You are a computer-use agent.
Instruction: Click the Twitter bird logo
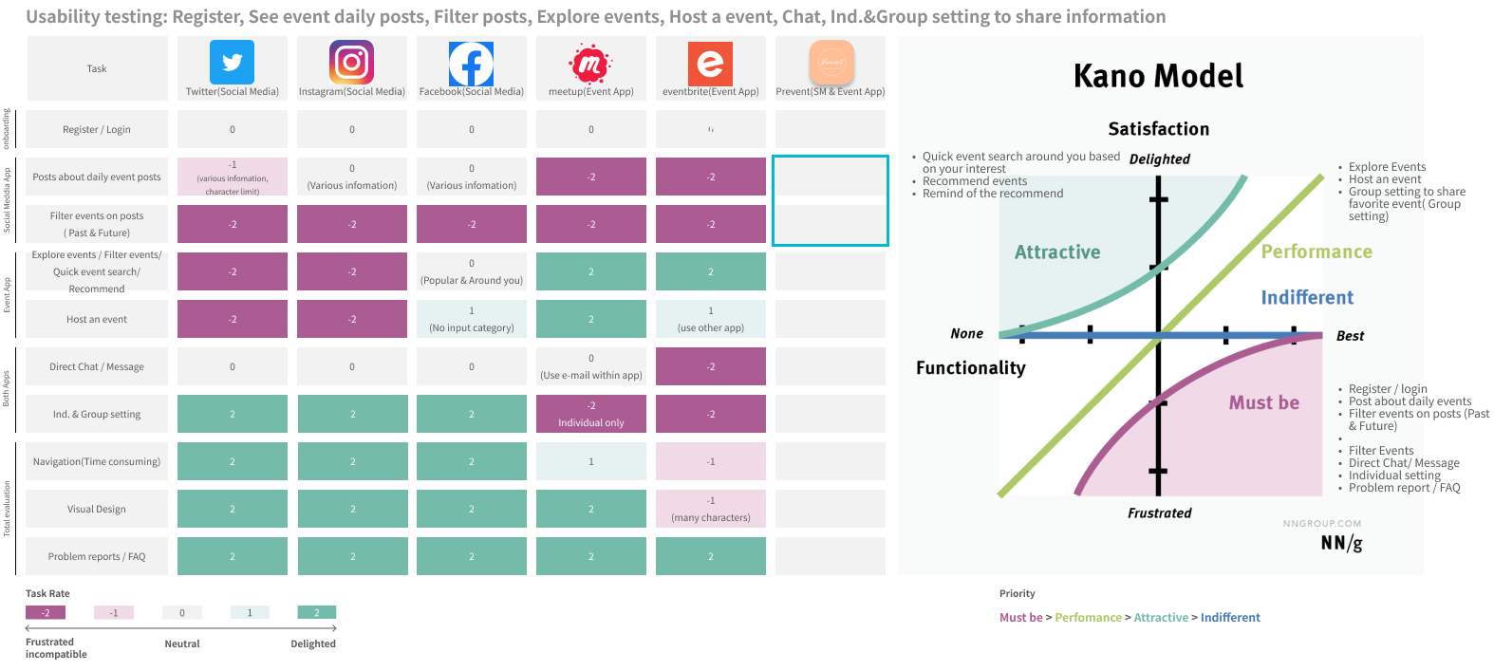(x=232, y=63)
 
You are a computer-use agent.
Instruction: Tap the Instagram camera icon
(x=351, y=63)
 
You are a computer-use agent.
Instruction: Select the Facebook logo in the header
(x=471, y=64)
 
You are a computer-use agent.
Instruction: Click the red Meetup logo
(x=590, y=64)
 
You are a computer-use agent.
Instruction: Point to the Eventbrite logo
(x=710, y=64)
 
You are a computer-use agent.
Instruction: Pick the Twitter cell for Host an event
(x=233, y=319)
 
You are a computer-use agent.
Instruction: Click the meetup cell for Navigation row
(x=590, y=461)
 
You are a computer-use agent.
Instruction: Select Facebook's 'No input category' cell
(x=472, y=319)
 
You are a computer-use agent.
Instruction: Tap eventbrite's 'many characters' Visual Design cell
(x=710, y=509)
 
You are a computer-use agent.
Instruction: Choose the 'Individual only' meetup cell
(x=590, y=414)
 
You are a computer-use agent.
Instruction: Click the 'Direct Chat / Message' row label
(x=97, y=366)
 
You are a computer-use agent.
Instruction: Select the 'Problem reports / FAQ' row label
(x=97, y=556)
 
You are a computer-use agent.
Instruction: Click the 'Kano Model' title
(x=1158, y=76)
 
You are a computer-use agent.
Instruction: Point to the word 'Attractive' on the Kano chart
(x=1057, y=252)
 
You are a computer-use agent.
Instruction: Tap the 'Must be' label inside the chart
(x=1263, y=402)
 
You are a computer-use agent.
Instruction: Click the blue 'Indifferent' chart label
(x=1307, y=297)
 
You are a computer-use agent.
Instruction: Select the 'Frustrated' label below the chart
(x=1159, y=513)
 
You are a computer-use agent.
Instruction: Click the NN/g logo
(x=1341, y=543)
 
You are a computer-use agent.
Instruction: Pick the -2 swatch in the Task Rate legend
(x=46, y=612)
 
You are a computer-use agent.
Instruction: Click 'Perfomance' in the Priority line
(x=1088, y=618)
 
